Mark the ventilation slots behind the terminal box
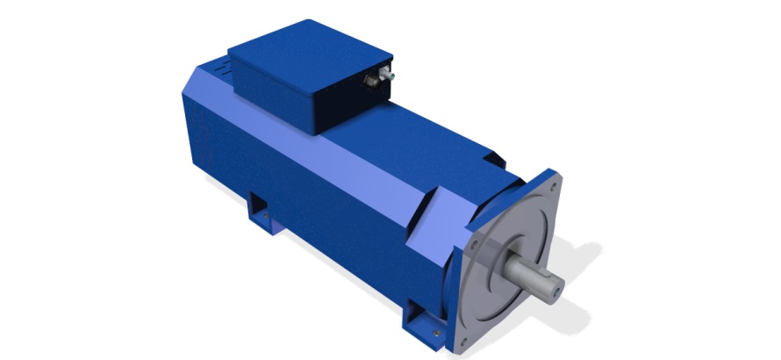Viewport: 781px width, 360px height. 219,68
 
